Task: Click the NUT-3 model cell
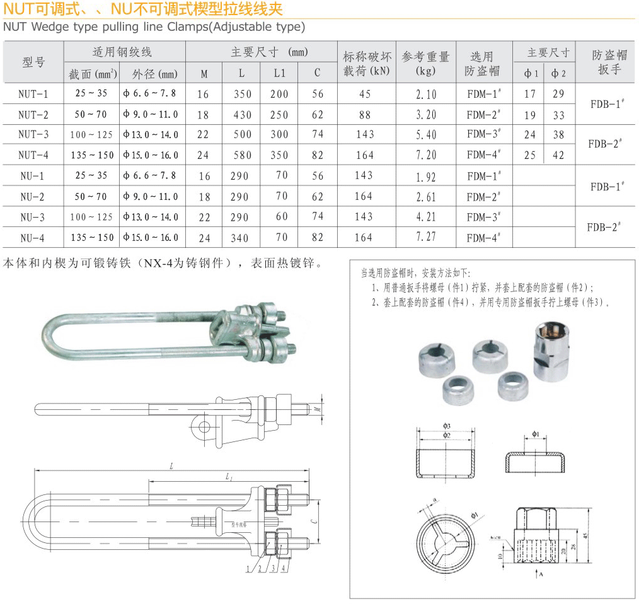click(33, 134)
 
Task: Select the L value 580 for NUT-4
click(241, 155)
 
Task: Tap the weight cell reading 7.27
click(426, 238)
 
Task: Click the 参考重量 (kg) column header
click(426, 63)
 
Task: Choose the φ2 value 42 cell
click(558, 155)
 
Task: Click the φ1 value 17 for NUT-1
click(530, 94)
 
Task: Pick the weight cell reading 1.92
click(426, 177)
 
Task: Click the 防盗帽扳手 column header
click(609, 63)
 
